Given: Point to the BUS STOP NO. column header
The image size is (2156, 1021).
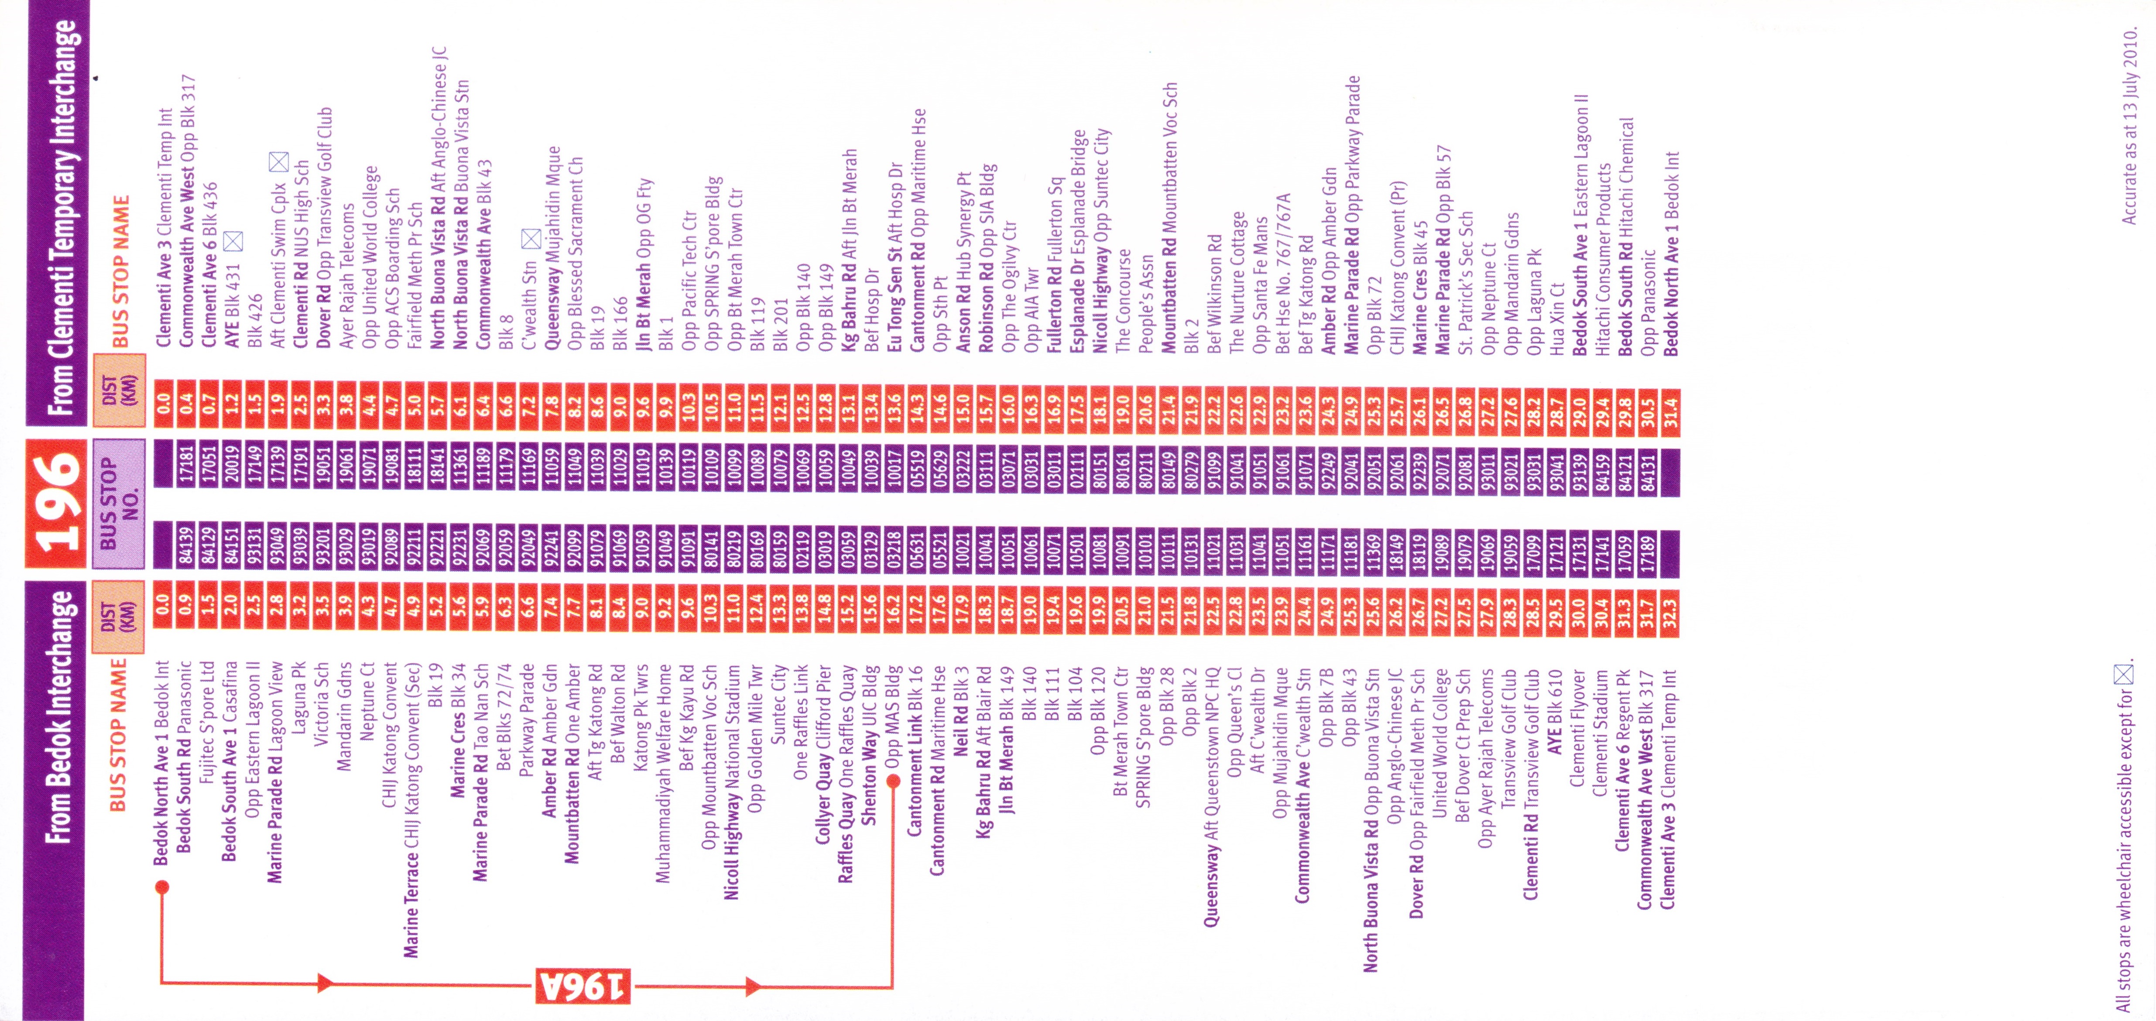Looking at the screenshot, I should [x=117, y=502].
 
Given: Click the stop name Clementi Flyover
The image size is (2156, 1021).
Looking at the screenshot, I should [x=1577, y=728].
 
